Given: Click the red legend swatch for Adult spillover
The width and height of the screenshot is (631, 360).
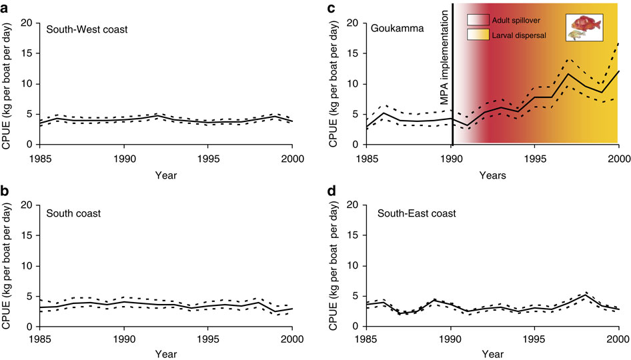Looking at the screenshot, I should click(x=478, y=21).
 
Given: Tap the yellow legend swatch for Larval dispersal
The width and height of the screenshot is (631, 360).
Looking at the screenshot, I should click(x=478, y=35).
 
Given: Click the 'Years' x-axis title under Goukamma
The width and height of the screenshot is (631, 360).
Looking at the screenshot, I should click(x=492, y=175).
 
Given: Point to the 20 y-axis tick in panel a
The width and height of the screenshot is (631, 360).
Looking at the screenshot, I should click(x=28, y=23).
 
